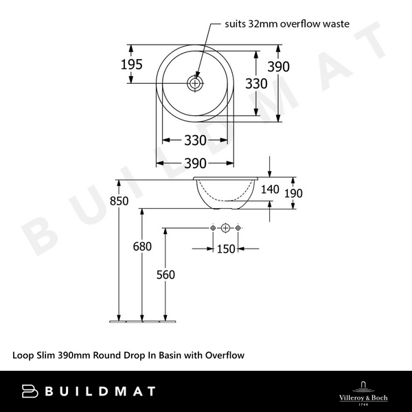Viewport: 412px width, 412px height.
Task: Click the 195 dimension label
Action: [131, 65]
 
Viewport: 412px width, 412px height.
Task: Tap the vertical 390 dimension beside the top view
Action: [279, 67]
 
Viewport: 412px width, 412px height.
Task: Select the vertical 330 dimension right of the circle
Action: [256, 84]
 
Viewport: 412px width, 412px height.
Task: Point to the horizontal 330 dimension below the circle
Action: [195, 140]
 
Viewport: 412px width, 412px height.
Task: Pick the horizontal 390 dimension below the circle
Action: [195, 163]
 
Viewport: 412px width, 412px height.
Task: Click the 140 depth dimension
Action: [270, 190]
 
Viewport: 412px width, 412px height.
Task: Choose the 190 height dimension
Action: [293, 194]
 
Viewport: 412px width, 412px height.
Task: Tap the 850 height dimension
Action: [119, 201]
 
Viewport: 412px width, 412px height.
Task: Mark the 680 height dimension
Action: [142, 247]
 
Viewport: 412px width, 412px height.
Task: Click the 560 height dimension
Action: [165, 275]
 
